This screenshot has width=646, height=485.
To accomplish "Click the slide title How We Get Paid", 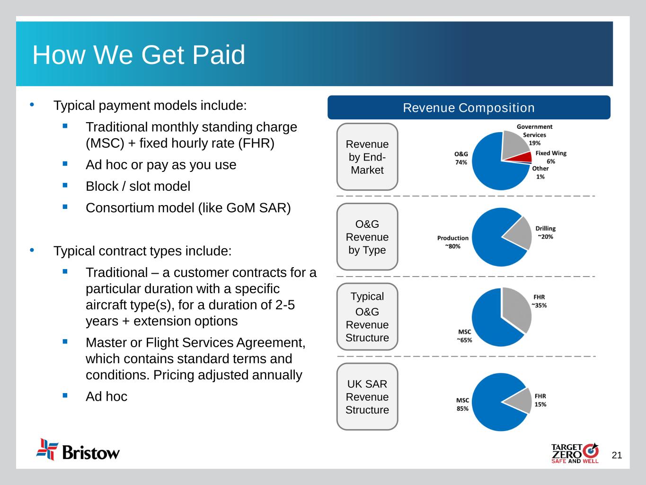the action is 138,55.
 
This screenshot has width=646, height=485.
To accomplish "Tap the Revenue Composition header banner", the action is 469,108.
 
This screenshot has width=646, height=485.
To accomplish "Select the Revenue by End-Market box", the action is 367,157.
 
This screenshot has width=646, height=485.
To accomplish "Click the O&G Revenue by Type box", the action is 367,237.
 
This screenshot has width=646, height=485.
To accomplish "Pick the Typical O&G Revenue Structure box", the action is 367,317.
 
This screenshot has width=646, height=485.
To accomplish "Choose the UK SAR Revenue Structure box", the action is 367,396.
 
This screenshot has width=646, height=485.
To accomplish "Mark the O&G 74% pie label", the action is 461,158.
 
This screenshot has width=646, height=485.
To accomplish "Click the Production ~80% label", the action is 452,242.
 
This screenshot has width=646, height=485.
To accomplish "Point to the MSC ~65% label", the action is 464,336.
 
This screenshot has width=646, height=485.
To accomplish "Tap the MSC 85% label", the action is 462,404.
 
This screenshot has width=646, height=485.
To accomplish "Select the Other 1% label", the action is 540,172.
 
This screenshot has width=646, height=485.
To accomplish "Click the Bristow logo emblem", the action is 47,449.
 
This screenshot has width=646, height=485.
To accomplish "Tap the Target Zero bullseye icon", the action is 591,450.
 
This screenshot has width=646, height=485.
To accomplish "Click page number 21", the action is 617,455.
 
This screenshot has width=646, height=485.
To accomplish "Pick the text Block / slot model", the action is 138,187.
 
